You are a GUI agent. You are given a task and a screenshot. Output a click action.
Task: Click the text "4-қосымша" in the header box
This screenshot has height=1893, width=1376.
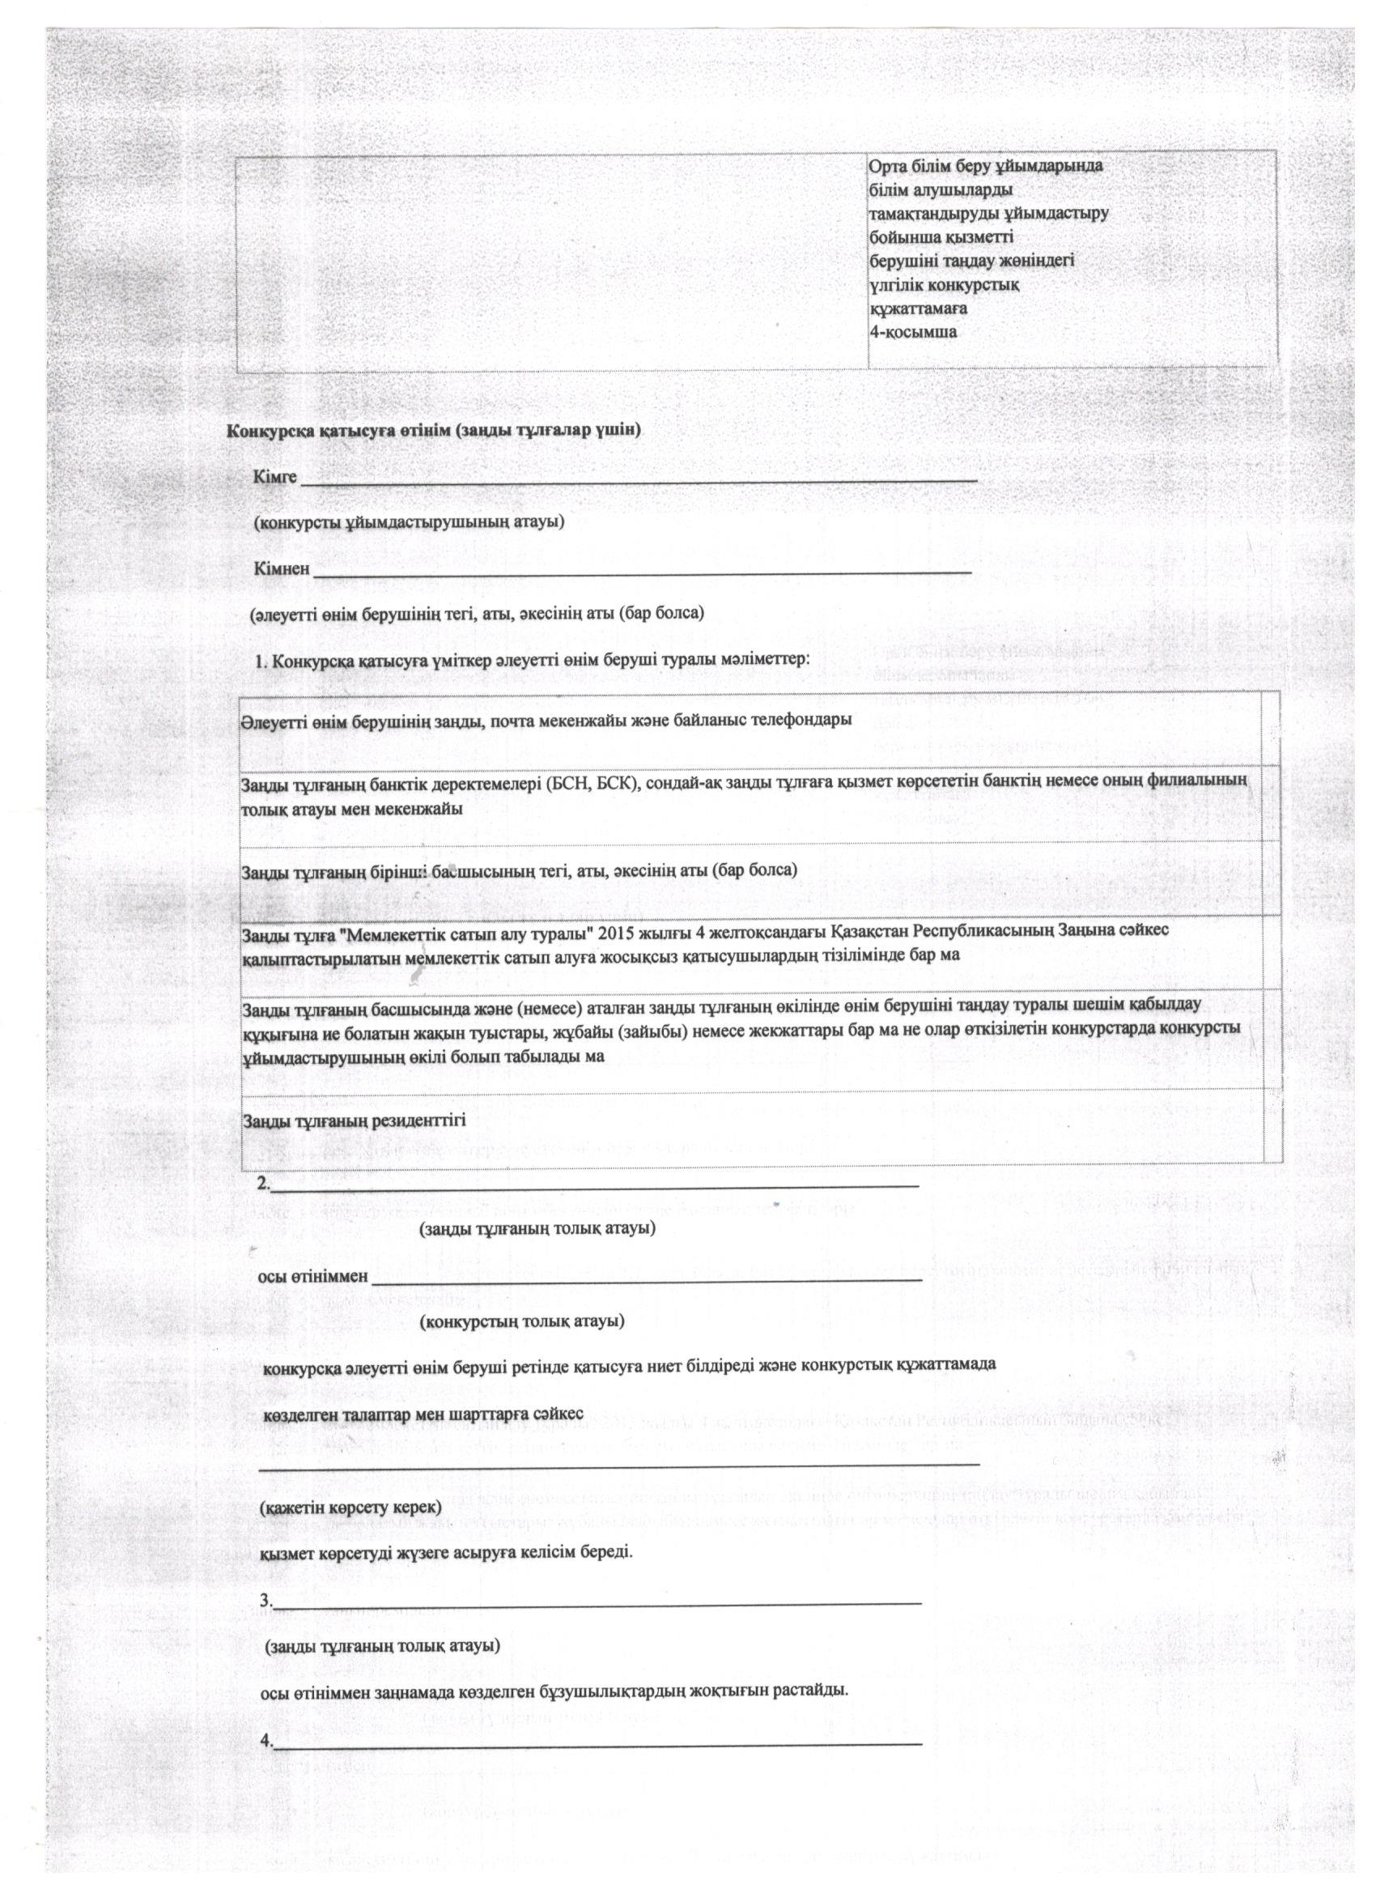click(x=913, y=332)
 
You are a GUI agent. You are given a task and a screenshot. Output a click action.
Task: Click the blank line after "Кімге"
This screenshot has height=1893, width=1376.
click(x=639, y=480)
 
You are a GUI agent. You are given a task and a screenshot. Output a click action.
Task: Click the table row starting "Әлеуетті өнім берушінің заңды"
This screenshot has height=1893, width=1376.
click(x=546, y=721)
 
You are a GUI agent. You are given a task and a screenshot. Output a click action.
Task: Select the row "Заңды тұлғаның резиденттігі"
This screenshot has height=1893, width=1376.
click(x=354, y=1121)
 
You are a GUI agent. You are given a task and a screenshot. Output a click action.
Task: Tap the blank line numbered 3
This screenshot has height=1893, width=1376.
click(x=597, y=1602)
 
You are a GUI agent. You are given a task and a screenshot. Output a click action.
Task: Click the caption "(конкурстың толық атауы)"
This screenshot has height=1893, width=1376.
click(x=522, y=1321)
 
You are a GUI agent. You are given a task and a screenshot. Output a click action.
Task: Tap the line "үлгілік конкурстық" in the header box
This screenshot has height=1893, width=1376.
click(x=943, y=286)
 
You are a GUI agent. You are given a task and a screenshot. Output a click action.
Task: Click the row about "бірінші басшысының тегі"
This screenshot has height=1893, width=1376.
click(x=519, y=870)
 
